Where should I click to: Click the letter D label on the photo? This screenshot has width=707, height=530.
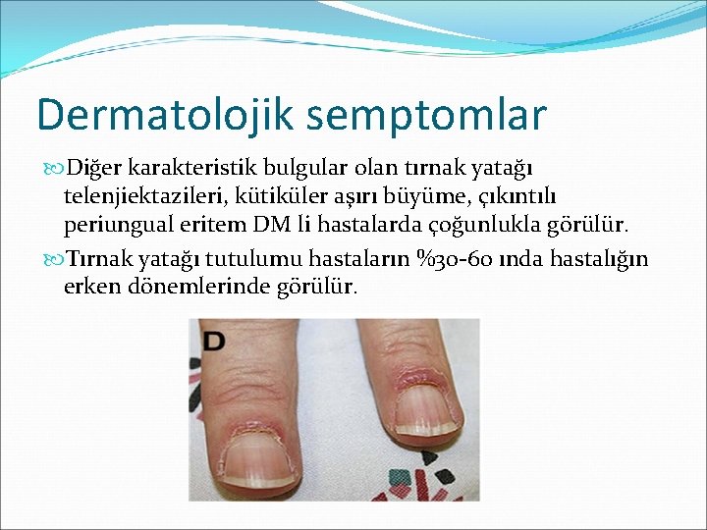click(x=214, y=342)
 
